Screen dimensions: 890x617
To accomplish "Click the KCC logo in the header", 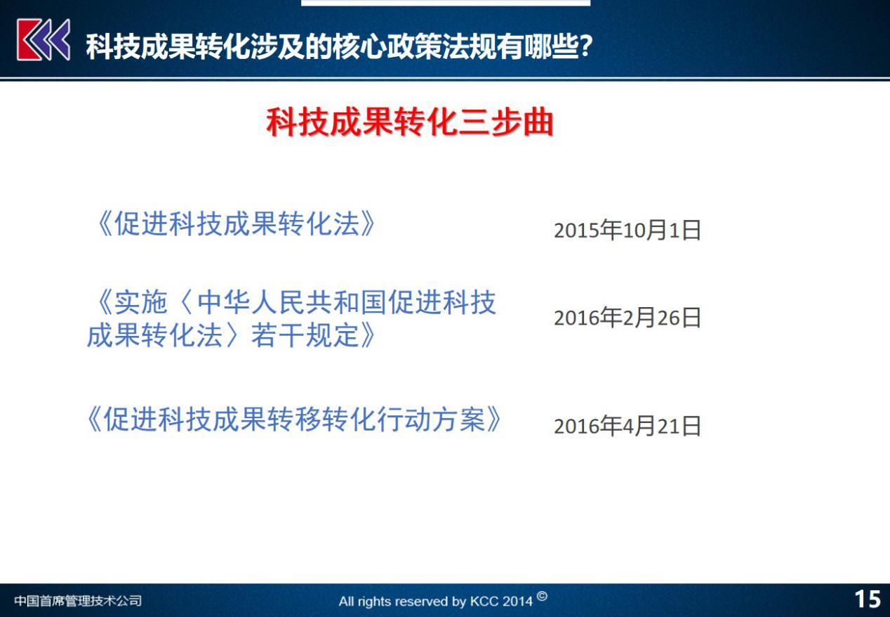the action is tap(44, 40).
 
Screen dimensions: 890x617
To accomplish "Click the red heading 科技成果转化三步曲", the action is tap(410, 122).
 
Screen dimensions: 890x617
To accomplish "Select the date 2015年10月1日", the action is tap(627, 230).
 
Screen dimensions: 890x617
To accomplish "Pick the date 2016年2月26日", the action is tap(627, 318).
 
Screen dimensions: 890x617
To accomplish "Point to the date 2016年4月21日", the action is tap(627, 426).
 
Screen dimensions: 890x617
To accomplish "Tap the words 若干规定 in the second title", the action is tap(305, 335).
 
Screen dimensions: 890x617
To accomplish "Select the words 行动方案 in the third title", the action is tap(432, 420).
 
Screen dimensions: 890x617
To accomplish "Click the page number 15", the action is tap(868, 599).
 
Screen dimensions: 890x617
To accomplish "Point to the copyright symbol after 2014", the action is tap(542, 597).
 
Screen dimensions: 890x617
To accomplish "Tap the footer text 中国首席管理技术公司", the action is tap(78, 601).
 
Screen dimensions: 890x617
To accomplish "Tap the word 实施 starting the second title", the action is tap(140, 302).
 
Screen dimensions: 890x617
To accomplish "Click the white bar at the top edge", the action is tap(446, 2).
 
